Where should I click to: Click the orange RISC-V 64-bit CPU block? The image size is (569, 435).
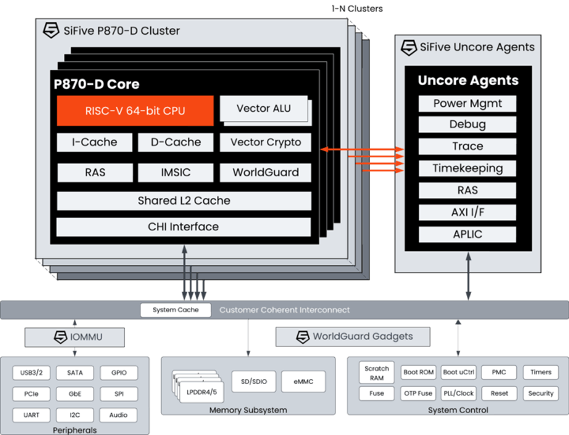coord(135,111)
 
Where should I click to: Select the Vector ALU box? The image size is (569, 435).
coord(263,109)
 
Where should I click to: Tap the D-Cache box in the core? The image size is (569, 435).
coord(176,142)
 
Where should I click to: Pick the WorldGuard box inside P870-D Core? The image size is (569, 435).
coord(266,173)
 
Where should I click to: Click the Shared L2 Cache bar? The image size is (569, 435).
coord(184,200)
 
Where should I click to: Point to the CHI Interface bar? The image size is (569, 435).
coord(184,227)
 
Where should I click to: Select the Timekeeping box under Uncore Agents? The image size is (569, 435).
coord(467,168)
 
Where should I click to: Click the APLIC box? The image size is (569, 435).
coord(467,234)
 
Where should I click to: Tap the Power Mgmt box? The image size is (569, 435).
coord(467,103)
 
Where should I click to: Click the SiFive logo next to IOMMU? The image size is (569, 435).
coord(60,337)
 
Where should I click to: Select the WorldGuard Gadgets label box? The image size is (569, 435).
coord(353,337)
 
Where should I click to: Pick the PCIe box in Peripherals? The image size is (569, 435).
coord(31,394)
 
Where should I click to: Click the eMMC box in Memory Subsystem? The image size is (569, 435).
coord(303,382)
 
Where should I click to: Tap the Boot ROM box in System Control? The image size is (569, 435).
coord(418,372)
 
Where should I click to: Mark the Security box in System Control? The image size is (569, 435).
coord(540,393)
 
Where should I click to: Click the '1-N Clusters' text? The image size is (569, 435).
coord(357,9)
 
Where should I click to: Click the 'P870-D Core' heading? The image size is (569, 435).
coord(97,84)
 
